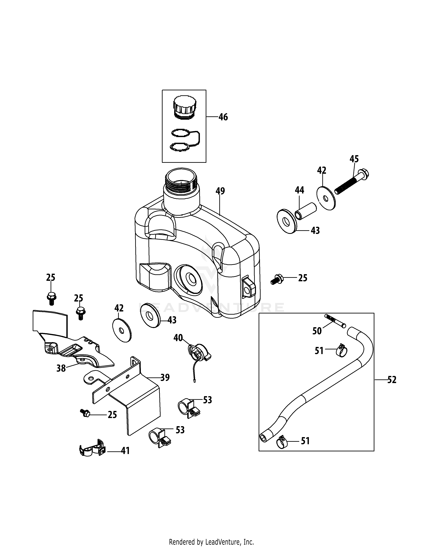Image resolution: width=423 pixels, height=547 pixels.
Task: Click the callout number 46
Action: [x=223, y=117]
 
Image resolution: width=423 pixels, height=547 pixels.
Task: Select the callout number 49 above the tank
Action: [x=220, y=191]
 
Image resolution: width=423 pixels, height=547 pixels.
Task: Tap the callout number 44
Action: [x=299, y=190]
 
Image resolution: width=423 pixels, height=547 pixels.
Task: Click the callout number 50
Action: [x=317, y=331]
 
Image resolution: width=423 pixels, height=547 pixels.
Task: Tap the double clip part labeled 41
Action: [x=92, y=451]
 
